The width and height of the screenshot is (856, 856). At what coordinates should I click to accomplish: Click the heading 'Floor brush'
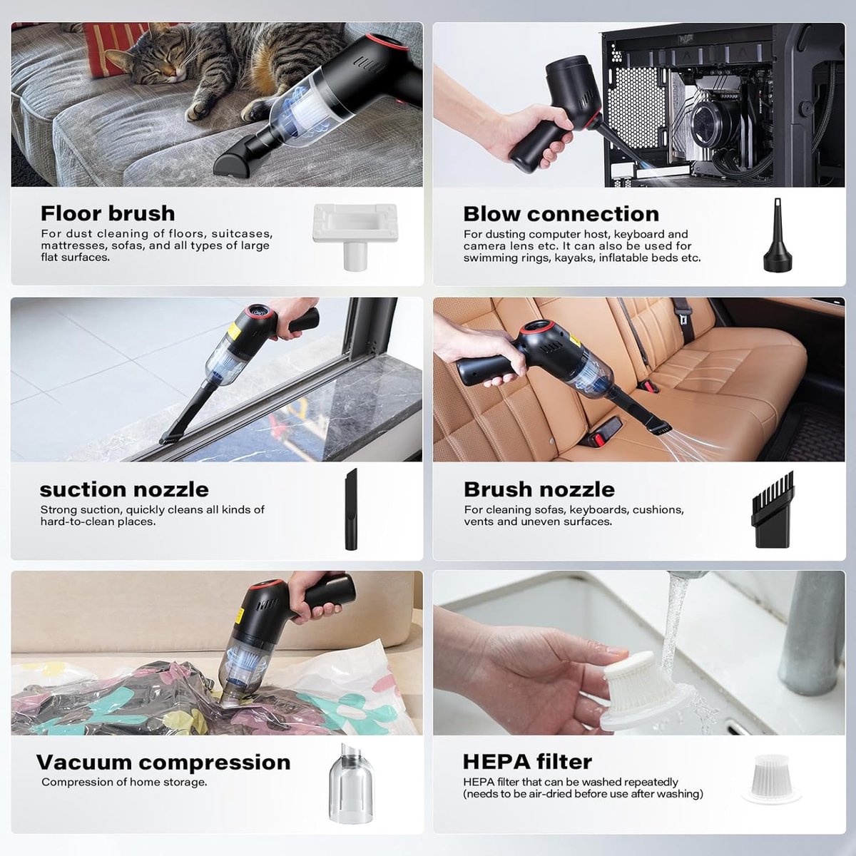pos(108,213)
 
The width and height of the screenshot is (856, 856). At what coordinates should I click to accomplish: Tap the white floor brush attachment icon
pos(355,235)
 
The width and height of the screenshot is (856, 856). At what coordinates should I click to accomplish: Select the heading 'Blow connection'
pos(561,214)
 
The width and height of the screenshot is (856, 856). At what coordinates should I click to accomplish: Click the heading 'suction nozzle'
pos(124,490)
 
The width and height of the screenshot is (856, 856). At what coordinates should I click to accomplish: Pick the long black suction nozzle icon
pos(351,509)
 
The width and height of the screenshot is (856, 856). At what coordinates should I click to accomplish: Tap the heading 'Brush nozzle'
pos(539,489)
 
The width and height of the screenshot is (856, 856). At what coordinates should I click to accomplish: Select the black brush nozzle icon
pos(773,509)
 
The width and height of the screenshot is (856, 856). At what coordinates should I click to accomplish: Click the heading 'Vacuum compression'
pos(163,763)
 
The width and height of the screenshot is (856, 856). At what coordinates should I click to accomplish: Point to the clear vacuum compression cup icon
pos(352,783)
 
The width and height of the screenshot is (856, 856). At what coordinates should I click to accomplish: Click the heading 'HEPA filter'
pos(527,762)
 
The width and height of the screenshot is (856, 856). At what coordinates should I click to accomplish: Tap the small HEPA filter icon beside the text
pos(772,779)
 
